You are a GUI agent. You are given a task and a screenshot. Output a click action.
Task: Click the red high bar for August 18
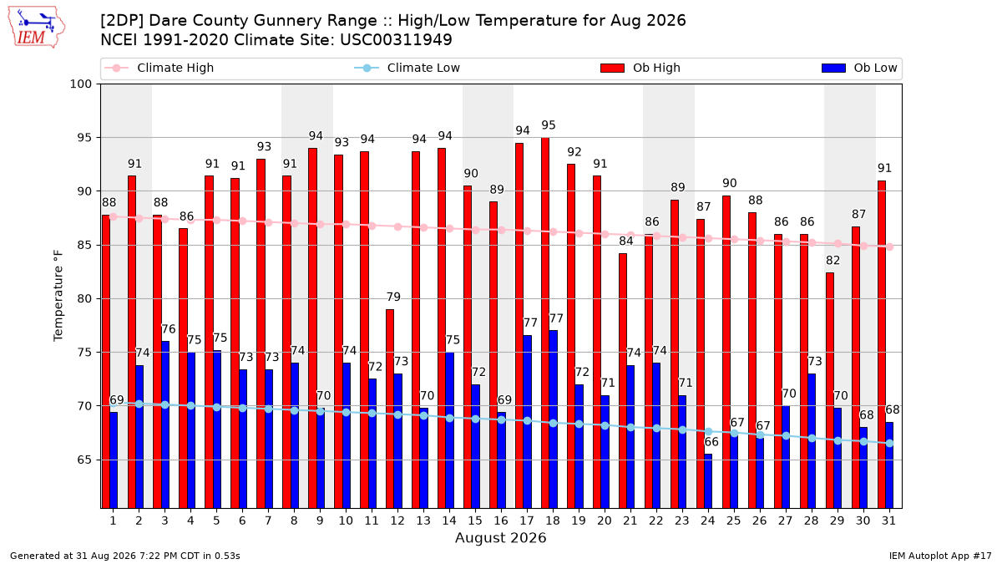coord(544,323)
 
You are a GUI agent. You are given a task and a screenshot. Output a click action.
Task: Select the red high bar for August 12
coord(390,409)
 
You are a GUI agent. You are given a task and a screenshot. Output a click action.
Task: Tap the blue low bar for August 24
coord(708,481)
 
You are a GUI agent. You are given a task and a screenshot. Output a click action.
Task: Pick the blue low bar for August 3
coord(165,424)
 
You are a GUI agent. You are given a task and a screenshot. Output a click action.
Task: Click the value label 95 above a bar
coord(549,124)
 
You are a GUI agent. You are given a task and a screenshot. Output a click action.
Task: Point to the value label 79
coord(393,297)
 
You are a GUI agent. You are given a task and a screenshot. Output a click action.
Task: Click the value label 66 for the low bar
coord(711,442)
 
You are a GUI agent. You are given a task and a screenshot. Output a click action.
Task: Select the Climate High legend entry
coord(159,68)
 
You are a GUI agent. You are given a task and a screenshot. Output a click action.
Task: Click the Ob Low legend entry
coord(859,68)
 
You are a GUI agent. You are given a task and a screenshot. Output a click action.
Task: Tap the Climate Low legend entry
coord(407,68)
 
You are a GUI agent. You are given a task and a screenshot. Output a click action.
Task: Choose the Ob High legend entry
coord(640,68)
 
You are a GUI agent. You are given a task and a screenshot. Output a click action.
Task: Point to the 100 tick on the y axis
coord(80,84)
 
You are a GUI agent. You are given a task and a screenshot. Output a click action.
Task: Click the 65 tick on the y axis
coord(84,460)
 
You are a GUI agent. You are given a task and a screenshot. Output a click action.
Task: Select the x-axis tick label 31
coord(888,521)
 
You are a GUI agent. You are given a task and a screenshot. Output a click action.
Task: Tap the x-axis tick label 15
coord(475,521)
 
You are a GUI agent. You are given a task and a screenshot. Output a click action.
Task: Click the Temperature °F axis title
coord(58,297)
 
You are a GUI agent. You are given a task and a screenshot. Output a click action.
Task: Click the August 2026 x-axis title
coord(500,537)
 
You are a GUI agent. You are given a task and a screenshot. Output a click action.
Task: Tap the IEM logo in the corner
coord(36,28)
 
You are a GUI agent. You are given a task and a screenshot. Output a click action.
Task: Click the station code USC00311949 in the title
coord(396,40)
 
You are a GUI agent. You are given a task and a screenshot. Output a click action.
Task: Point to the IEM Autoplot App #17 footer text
coord(940,556)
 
